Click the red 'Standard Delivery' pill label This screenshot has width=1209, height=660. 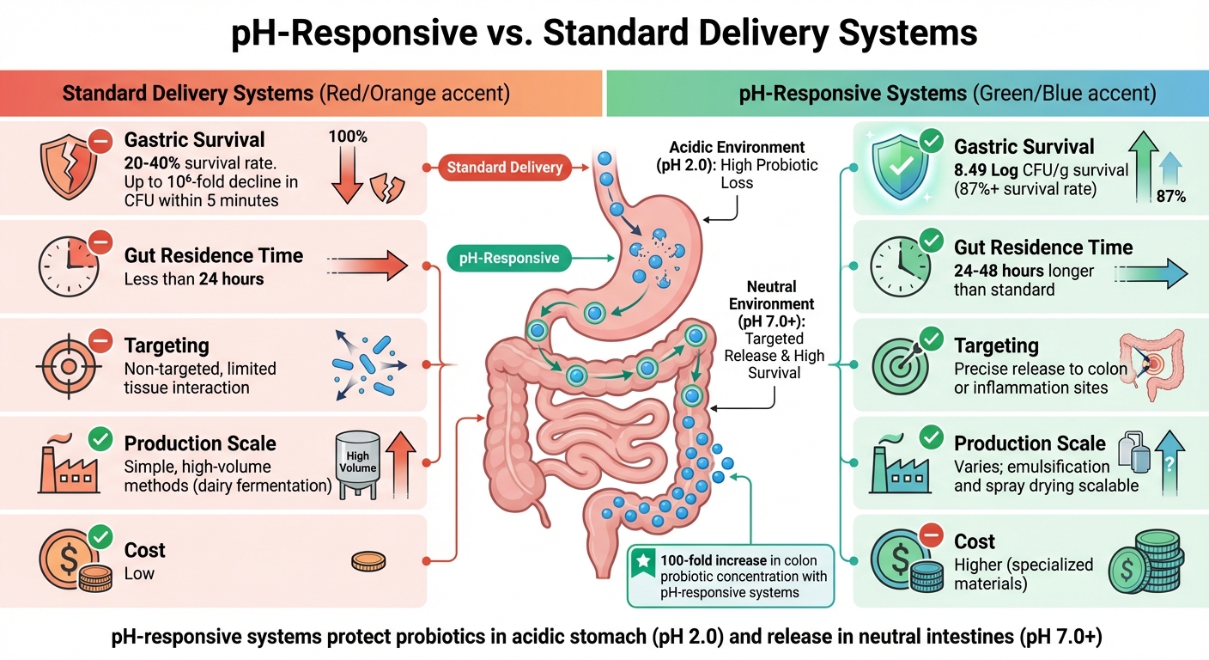pos(504,168)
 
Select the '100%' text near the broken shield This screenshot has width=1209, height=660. pos(348,137)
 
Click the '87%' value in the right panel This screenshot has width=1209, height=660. pos(1170,197)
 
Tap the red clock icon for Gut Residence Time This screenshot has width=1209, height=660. pos(65,265)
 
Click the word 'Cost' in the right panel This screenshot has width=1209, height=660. pos(975,541)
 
